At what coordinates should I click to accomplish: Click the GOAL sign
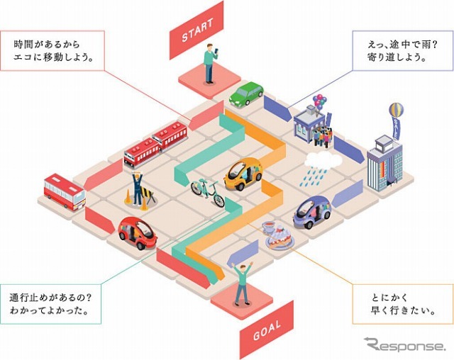[267, 325]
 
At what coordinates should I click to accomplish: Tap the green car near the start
[246, 94]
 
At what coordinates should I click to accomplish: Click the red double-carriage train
[155, 143]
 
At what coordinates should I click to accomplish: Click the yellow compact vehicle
[243, 174]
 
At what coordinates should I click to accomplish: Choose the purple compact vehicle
[312, 210]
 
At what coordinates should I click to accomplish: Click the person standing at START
[210, 63]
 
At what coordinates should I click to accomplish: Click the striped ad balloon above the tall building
[395, 110]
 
